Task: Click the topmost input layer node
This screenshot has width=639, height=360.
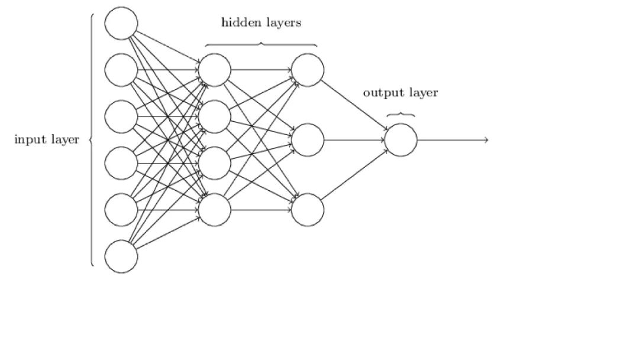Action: (121, 23)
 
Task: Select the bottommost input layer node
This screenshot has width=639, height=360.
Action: (121, 256)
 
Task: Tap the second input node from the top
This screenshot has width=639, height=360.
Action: (121, 70)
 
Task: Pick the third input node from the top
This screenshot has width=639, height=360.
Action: (121, 117)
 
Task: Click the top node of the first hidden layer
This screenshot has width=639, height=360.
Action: (214, 70)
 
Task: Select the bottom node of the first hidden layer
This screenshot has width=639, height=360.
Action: (214, 210)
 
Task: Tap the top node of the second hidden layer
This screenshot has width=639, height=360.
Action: (308, 70)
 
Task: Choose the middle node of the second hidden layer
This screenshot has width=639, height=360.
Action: (308, 140)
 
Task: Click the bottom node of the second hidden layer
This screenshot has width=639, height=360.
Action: (308, 210)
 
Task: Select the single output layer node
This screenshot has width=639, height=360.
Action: (401, 140)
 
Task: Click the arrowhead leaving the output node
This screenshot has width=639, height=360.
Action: (486, 140)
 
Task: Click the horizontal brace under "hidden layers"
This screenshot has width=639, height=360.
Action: (261, 44)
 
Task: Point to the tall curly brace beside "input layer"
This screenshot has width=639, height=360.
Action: (92, 140)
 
